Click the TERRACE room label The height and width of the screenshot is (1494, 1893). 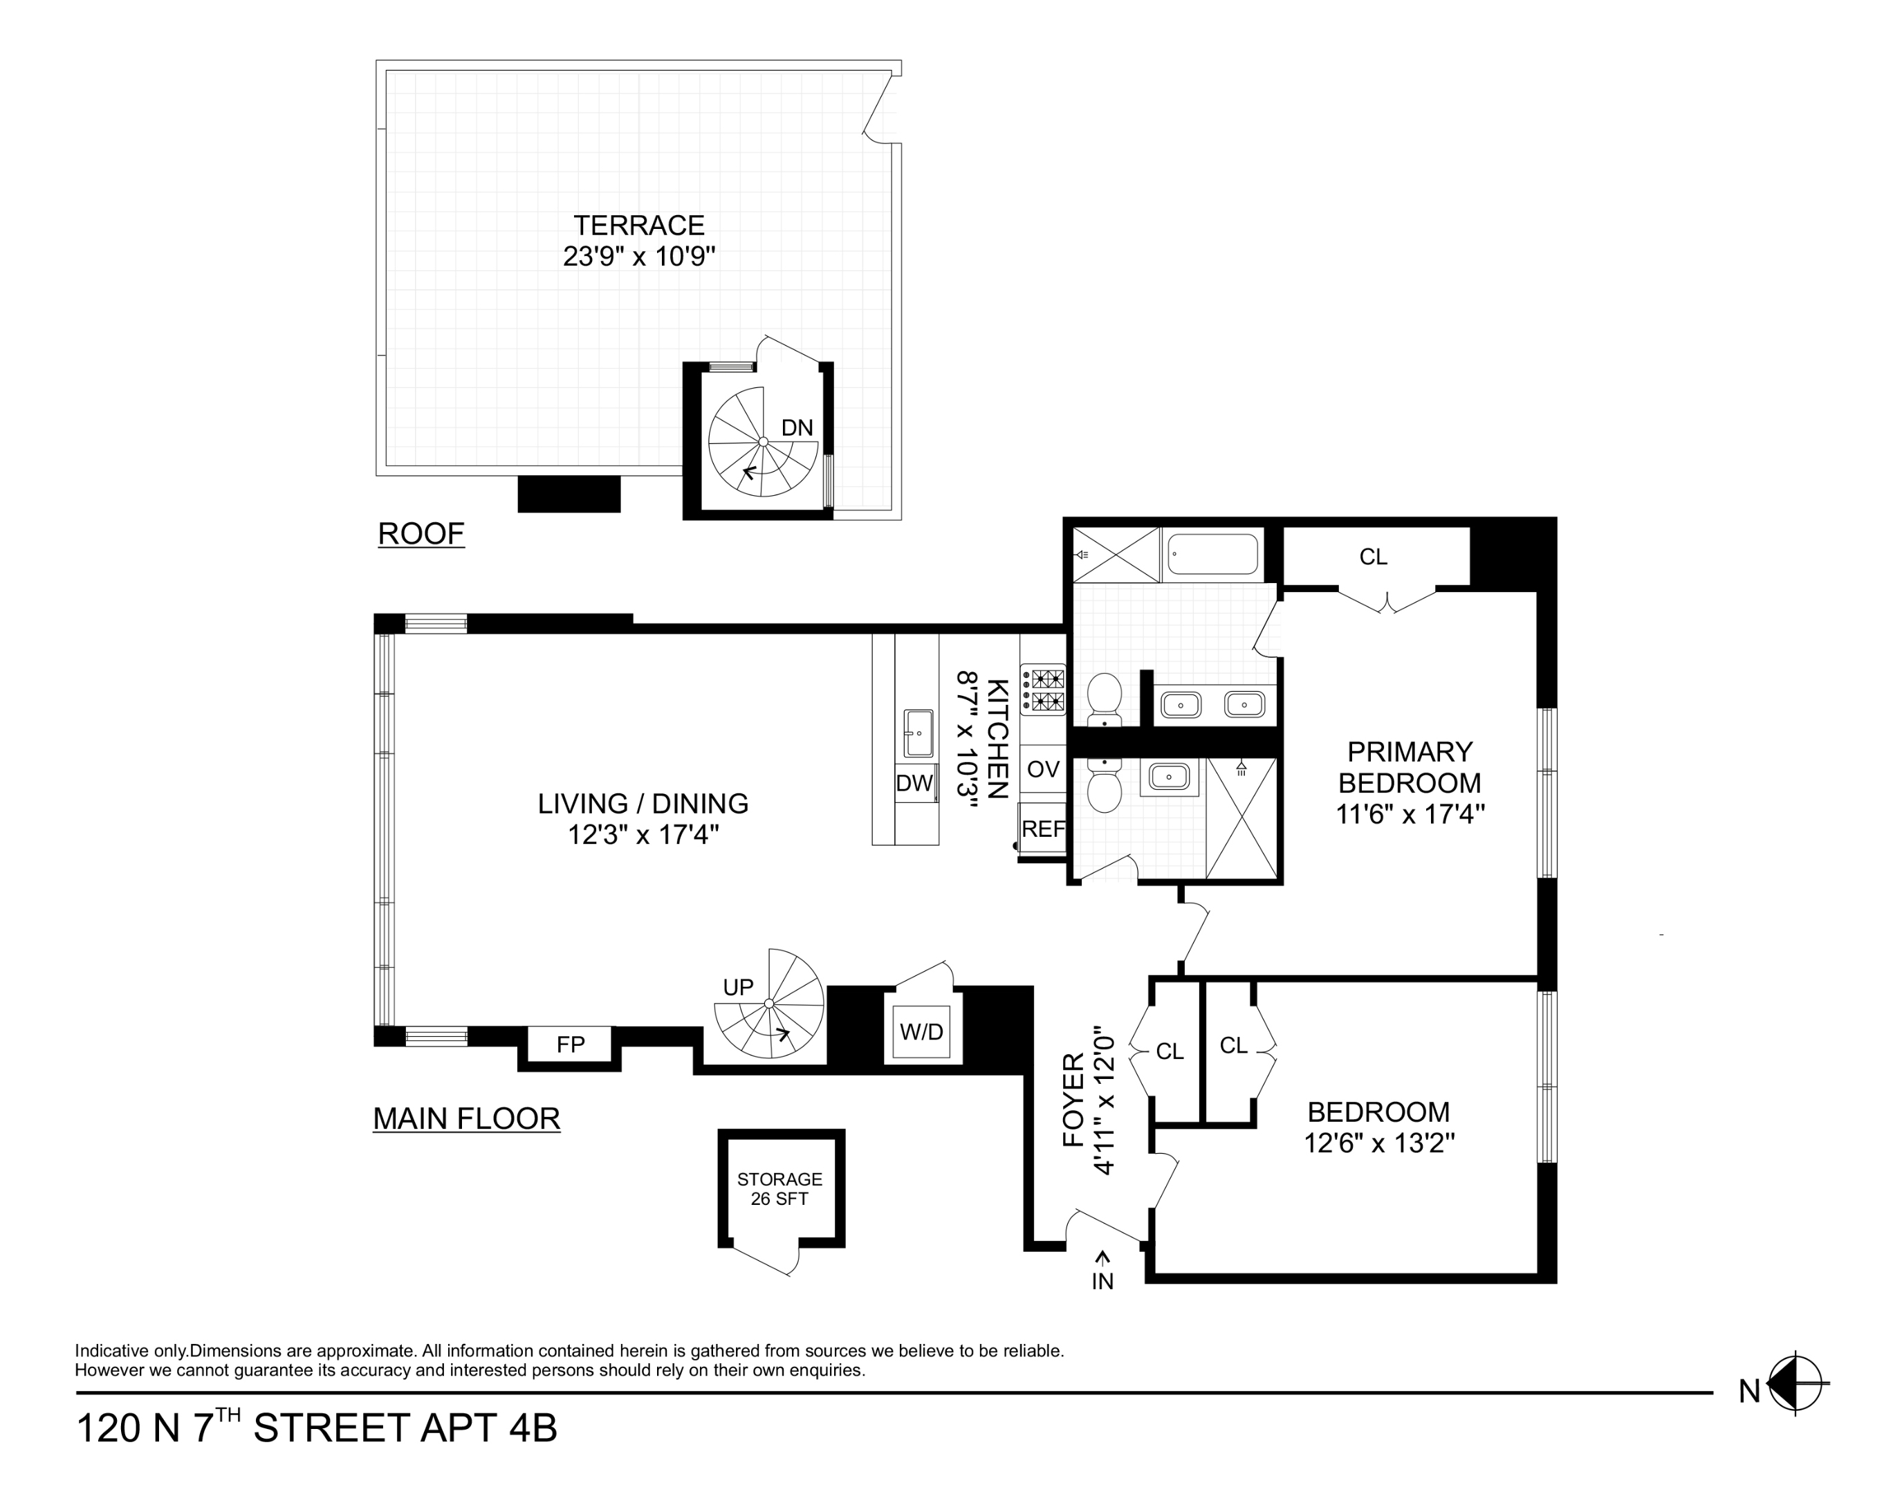point(638,225)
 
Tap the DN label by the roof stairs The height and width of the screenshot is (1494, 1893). point(796,427)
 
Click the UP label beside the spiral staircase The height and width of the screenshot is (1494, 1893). point(737,988)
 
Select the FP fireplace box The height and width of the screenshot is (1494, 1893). point(571,1044)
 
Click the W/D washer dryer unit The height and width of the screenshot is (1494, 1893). point(921,1032)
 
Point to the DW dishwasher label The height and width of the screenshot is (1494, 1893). point(914,784)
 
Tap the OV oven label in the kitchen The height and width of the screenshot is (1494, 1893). point(1043,770)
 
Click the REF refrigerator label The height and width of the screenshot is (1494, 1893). point(1043,829)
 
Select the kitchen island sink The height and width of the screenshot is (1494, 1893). point(918,733)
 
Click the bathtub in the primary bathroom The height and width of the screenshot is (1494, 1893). point(1212,555)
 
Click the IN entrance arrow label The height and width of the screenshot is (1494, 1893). point(1102,1273)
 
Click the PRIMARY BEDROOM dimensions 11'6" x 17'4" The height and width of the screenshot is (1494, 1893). point(1410,814)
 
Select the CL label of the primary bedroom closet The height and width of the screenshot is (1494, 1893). point(1372,557)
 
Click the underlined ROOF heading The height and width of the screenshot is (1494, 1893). point(421,533)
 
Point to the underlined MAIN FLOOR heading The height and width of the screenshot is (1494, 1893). point(466,1118)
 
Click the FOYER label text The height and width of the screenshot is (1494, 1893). point(1073,1100)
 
